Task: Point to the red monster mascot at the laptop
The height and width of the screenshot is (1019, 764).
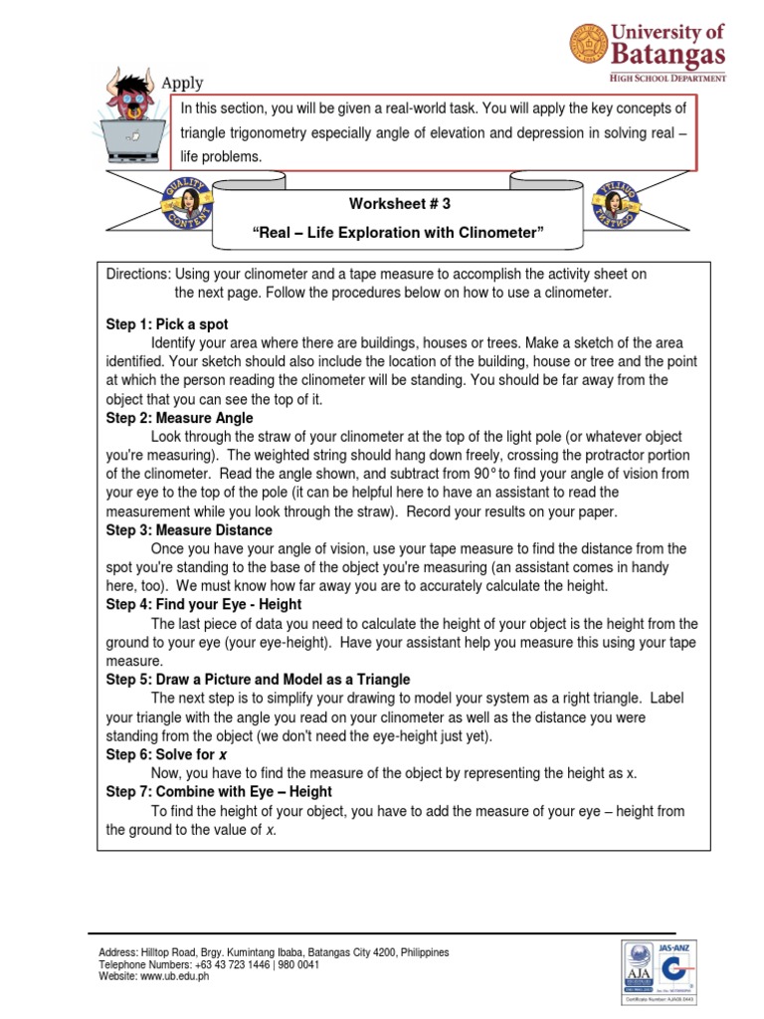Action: pyautogui.click(x=132, y=103)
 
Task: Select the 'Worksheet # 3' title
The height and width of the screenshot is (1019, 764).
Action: pyautogui.click(x=399, y=203)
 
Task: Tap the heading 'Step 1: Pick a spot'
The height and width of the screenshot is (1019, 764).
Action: pyautogui.click(x=167, y=324)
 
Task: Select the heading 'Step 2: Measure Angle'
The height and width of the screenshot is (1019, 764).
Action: pyautogui.click(x=180, y=418)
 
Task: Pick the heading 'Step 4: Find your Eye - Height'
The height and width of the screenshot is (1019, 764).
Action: pyautogui.click(x=204, y=604)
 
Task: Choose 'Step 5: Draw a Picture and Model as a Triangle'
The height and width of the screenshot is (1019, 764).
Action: pyautogui.click(x=258, y=679)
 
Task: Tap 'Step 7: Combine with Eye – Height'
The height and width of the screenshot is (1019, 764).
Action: pyautogui.click(x=219, y=791)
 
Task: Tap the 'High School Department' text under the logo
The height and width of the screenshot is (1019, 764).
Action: pyautogui.click(x=668, y=77)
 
